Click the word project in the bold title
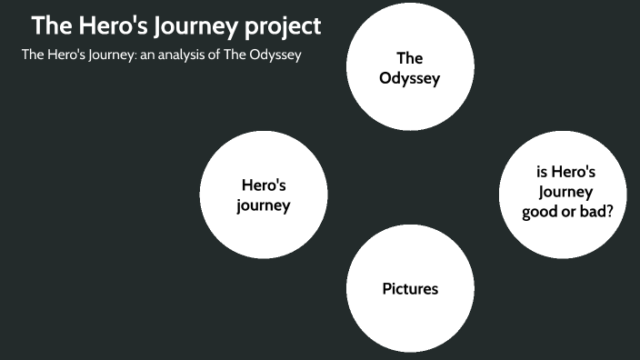coord(282,27)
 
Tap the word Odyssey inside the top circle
coord(409,78)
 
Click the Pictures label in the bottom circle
coord(410,289)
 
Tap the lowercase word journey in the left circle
coord(264,205)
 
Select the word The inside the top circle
coord(409,59)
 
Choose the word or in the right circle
coord(570,210)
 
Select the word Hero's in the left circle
coord(264,185)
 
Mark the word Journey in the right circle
coord(565,192)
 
